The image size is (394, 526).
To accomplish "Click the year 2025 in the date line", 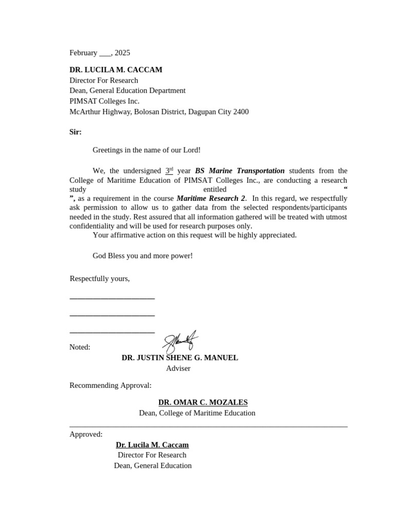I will [x=123, y=52].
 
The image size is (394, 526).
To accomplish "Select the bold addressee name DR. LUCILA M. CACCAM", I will [x=116, y=69].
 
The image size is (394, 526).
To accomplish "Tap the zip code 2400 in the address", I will [x=241, y=111].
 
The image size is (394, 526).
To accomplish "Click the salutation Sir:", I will [x=75, y=132].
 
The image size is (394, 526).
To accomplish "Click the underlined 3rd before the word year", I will [x=169, y=171].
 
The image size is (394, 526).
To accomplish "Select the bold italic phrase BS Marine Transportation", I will [x=240, y=171].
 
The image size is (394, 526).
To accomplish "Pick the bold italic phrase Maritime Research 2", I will [x=210, y=198].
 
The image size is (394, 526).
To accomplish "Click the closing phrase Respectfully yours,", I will [x=100, y=278].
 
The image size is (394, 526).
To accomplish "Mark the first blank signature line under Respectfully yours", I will [x=112, y=298].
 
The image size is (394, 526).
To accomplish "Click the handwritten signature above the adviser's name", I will [x=181, y=341].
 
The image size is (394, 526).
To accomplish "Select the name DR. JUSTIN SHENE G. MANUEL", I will [x=180, y=358].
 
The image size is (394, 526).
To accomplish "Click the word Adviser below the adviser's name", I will [x=178, y=368].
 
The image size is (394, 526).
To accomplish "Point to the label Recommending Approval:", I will [x=110, y=385].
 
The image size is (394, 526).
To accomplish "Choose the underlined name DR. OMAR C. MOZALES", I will [x=203, y=402].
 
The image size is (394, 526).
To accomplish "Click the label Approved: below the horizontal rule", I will [x=86, y=434].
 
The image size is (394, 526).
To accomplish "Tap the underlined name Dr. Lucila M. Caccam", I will [x=152, y=445].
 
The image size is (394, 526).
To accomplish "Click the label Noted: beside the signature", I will [x=80, y=347].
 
